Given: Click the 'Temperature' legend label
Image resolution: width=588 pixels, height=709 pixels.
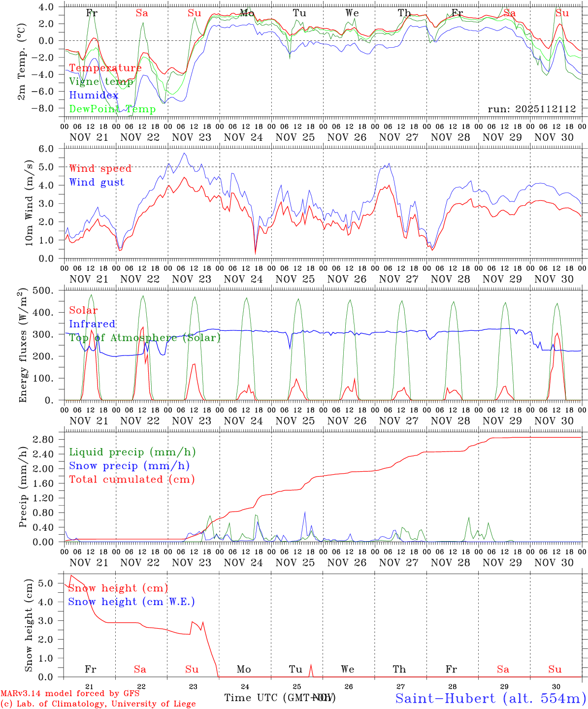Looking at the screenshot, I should click(x=105, y=68).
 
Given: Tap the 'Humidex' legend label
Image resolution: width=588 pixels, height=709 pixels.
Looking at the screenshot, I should click(x=94, y=96).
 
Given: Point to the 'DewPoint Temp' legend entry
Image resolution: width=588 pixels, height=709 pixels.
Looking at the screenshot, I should click(x=113, y=109).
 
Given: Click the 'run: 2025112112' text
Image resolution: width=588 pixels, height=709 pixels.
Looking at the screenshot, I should click(x=532, y=109).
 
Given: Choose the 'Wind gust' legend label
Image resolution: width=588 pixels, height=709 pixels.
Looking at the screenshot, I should click(x=97, y=182).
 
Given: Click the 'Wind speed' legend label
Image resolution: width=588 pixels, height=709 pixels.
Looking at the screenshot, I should click(x=100, y=168).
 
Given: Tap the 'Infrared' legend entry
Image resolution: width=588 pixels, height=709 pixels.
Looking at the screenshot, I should click(x=92, y=324).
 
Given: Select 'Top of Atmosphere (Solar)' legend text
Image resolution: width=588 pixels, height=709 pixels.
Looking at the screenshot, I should click(x=145, y=338).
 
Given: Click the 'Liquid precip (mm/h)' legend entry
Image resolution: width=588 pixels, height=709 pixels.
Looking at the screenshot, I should click(x=132, y=452).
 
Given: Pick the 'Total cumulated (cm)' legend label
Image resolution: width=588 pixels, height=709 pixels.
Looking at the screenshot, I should click(x=132, y=479).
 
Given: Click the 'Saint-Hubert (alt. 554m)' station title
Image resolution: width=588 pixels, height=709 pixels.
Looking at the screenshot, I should click(x=490, y=698).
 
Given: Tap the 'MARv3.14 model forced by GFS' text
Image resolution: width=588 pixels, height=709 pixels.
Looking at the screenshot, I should click(x=70, y=694).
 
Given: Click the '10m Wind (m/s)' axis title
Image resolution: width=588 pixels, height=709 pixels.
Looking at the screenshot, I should click(x=29, y=202).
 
